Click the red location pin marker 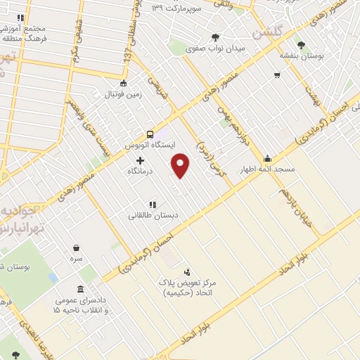click(181, 165)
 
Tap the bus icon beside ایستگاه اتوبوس click(150, 134)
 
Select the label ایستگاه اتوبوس click(149, 145)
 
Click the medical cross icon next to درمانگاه click(150, 161)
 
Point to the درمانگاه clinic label click(141, 171)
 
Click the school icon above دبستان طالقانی click(152, 205)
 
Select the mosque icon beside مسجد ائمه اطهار click(267, 158)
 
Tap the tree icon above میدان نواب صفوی click(214, 38)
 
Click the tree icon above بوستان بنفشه click(301, 44)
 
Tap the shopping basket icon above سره click(76, 247)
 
